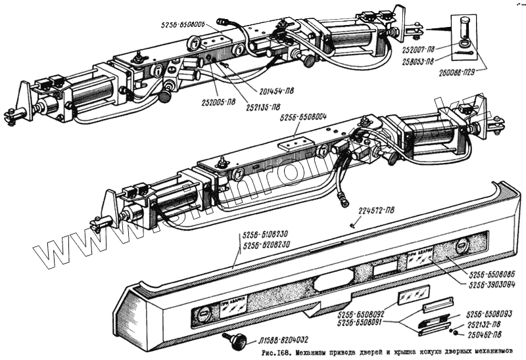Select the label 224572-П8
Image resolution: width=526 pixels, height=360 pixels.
(379, 211)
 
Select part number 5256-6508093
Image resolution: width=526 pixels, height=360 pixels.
(489, 315)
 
